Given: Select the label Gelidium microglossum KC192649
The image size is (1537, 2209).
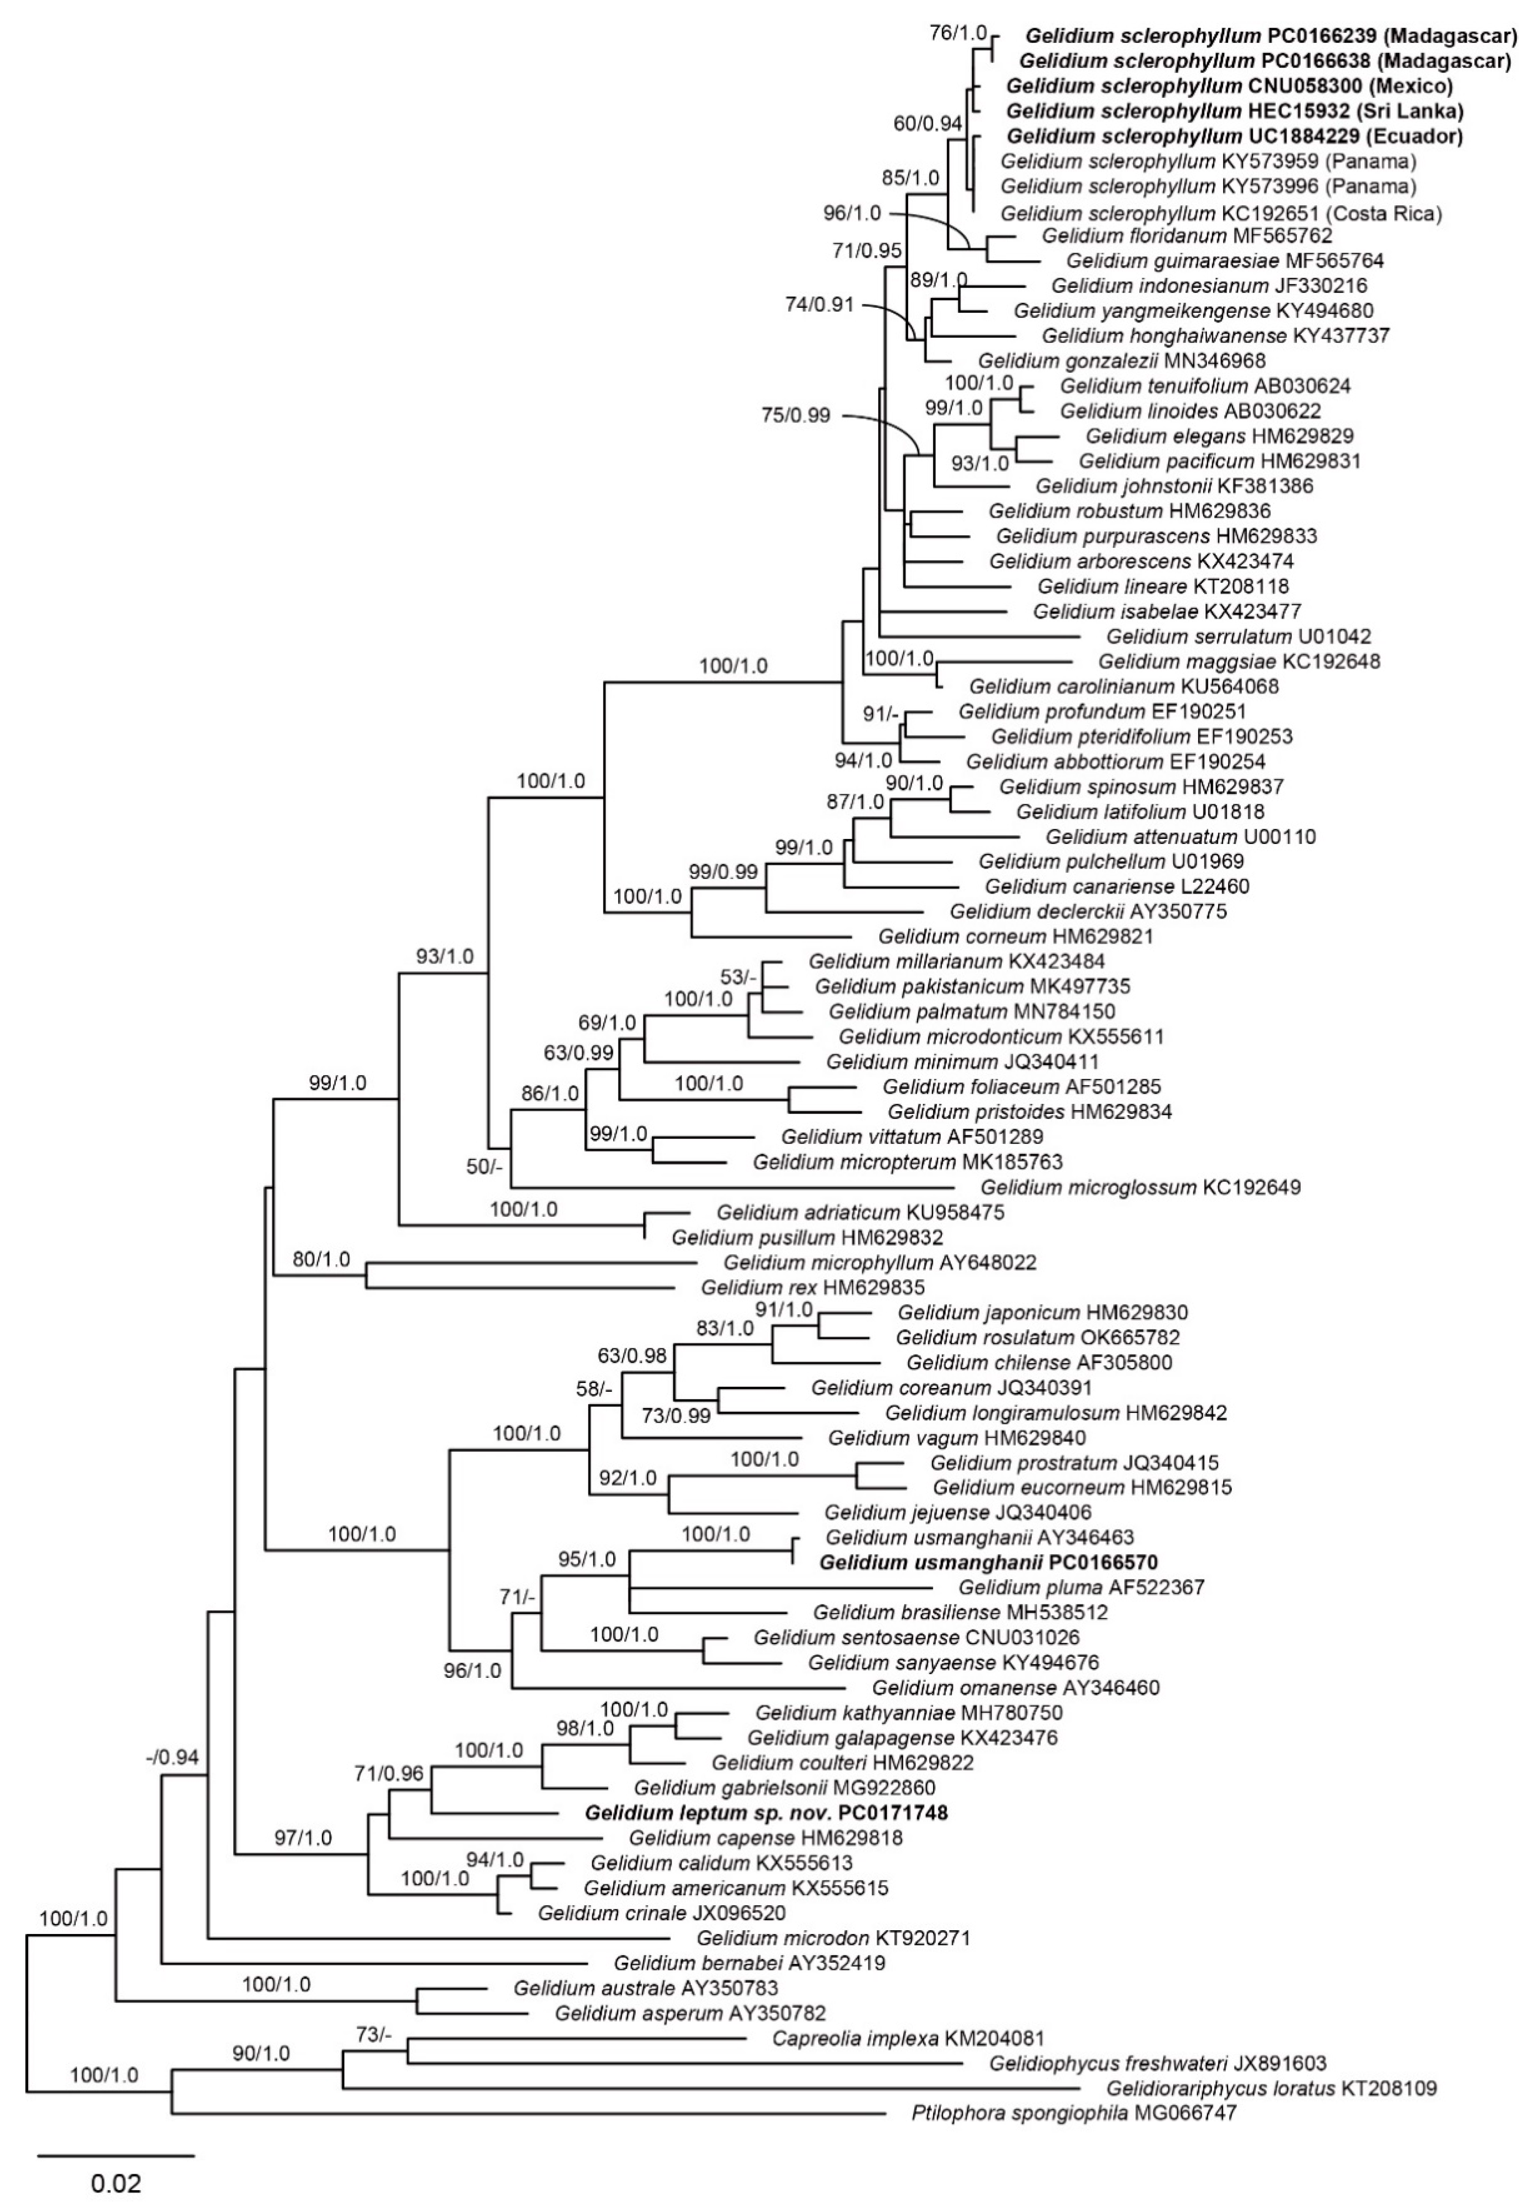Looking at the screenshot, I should [1140, 1187].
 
